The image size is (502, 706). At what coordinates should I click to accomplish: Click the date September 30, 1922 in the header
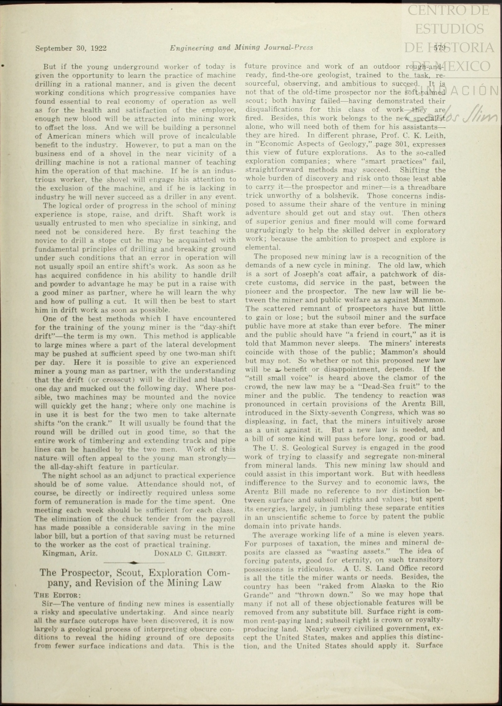(71, 48)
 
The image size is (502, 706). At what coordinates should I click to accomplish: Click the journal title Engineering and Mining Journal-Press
(241, 48)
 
